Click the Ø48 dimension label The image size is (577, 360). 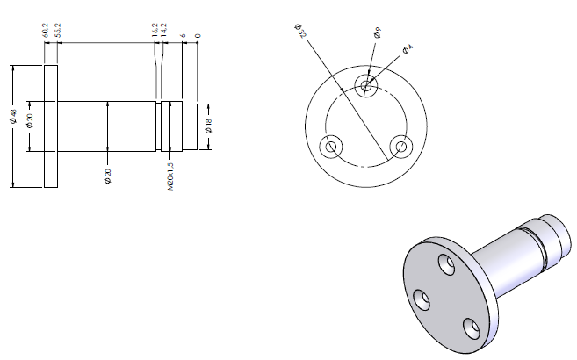pos(14,117)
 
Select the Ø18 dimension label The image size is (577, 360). pos(208,125)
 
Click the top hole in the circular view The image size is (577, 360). pos(366,84)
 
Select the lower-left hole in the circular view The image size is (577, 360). pos(331,146)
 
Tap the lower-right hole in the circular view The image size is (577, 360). pos(401,146)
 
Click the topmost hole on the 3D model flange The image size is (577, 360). pos(444,263)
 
